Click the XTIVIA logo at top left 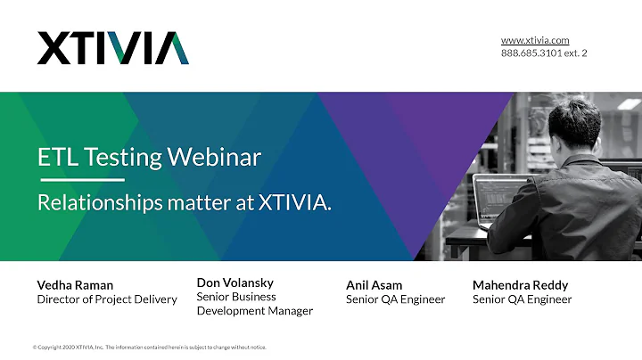[112, 48]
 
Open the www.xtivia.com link [534, 40]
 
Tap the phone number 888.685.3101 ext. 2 [543, 53]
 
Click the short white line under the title [80, 180]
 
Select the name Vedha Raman [75, 285]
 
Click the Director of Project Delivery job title [106, 299]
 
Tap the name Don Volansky [236, 282]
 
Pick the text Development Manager [254, 311]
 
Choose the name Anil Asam [374, 285]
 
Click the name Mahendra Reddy [520, 285]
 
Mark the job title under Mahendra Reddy [522, 299]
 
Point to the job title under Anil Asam [395, 299]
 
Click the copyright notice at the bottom [149, 348]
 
